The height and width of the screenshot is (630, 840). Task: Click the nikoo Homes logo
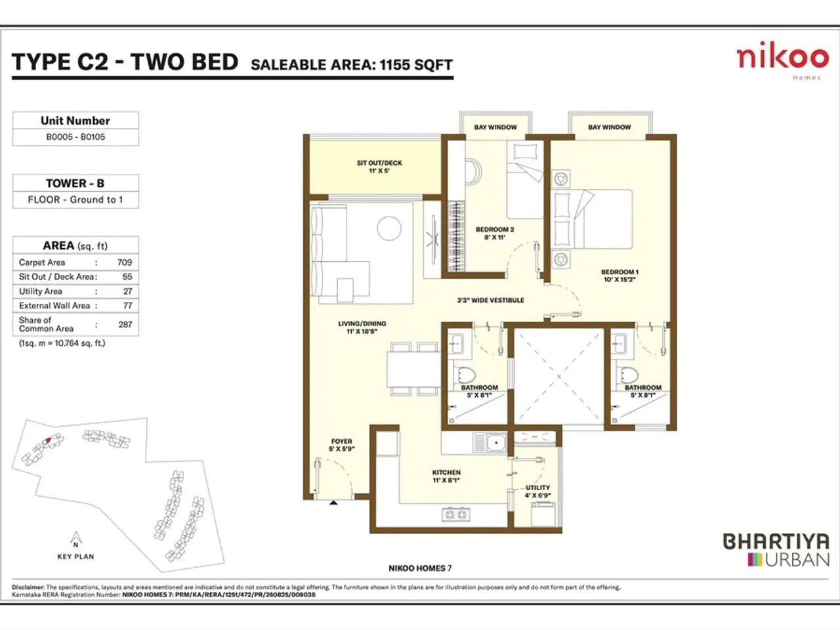tap(782, 60)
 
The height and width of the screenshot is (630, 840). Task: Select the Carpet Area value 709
tap(125, 262)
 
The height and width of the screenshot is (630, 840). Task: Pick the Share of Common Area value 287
tap(125, 324)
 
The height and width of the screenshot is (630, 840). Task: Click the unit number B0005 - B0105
tap(75, 137)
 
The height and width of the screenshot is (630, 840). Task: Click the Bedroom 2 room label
tap(495, 230)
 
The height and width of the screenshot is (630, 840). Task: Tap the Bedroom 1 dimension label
tap(620, 280)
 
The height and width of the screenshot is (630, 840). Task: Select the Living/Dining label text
tap(362, 324)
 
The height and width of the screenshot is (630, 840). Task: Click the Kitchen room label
tap(446, 472)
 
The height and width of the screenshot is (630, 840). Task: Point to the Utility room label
tap(537, 488)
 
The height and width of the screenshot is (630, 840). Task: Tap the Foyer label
tap(341, 442)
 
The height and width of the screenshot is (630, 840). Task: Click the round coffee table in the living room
tap(389, 228)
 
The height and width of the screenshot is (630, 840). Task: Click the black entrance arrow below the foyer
tap(333, 503)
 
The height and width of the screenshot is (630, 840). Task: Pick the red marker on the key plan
tap(47, 440)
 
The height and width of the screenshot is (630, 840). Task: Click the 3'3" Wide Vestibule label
tap(490, 301)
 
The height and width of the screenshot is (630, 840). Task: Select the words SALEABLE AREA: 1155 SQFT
tap(352, 65)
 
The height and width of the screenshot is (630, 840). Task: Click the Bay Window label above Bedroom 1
tap(609, 127)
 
